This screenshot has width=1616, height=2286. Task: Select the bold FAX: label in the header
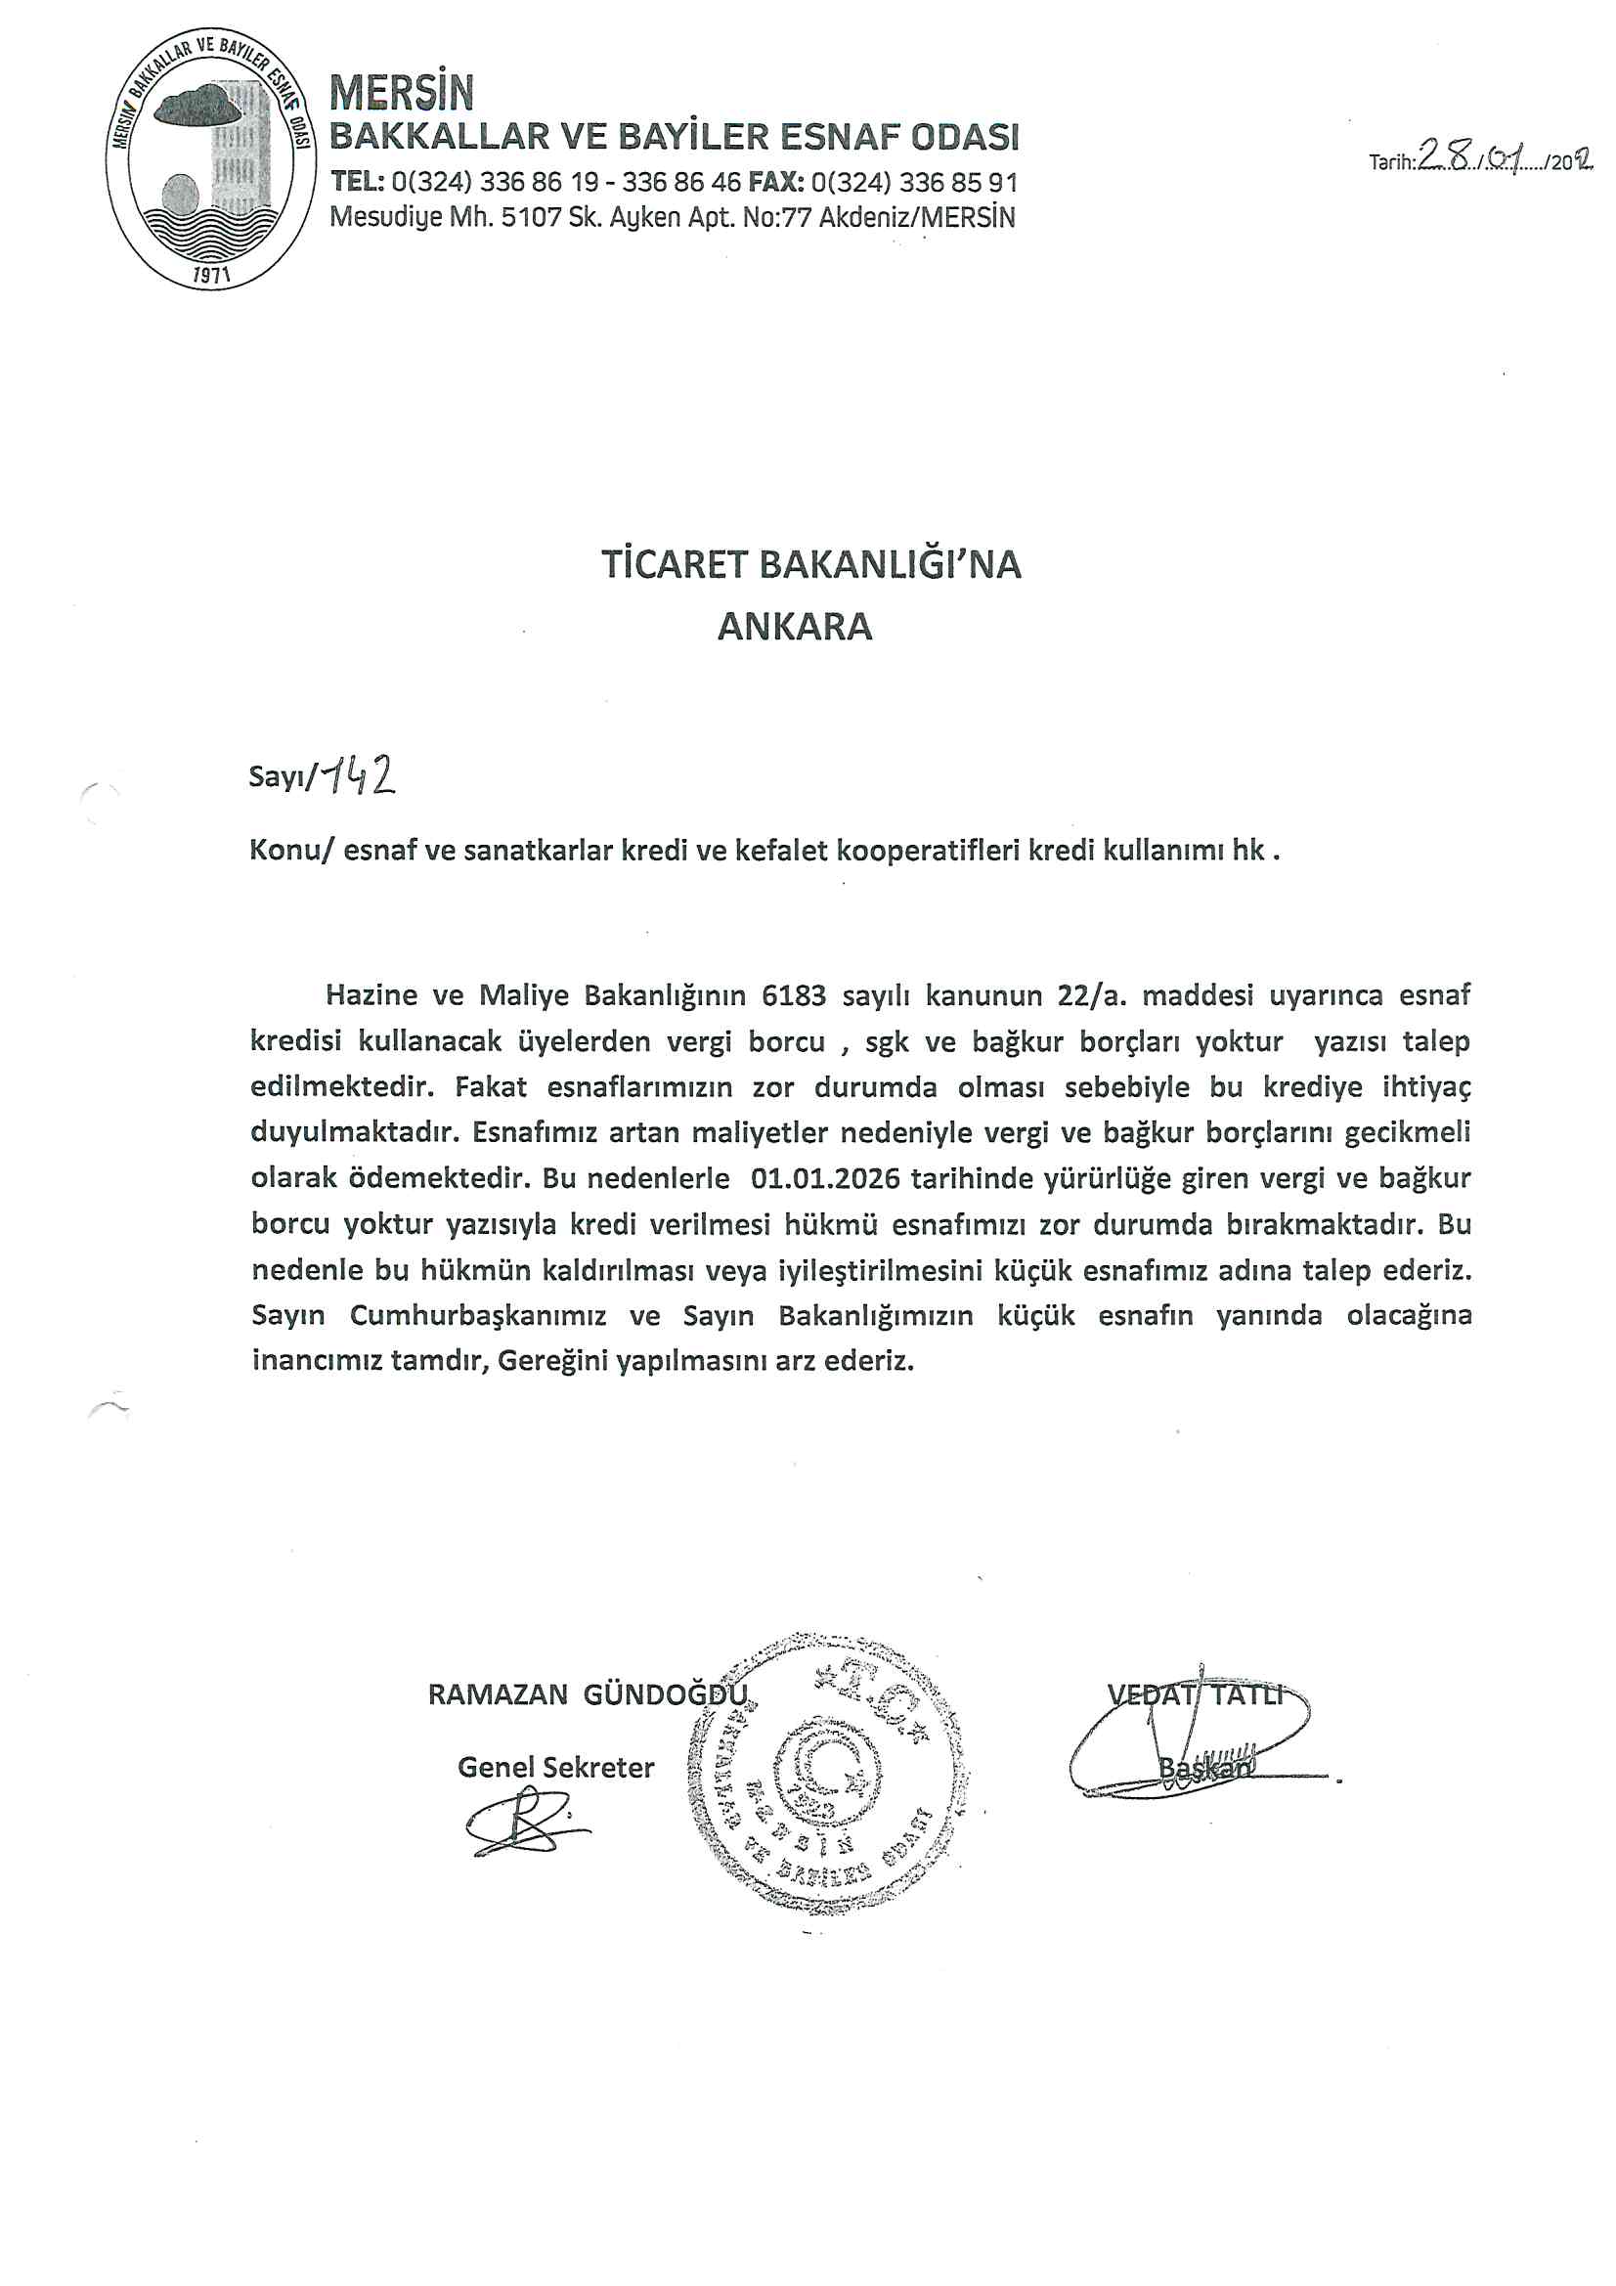tap(775, 182)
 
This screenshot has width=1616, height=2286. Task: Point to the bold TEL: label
tap(358, 182)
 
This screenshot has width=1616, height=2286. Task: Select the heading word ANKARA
tap(795, 627)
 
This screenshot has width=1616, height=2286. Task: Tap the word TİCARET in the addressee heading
tap(675, 564)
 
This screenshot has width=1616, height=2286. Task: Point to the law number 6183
tap(794, 994)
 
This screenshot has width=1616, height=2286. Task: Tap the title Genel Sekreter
tap(555, 1767)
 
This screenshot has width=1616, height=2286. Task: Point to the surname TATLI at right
tap(1247, 1694)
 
